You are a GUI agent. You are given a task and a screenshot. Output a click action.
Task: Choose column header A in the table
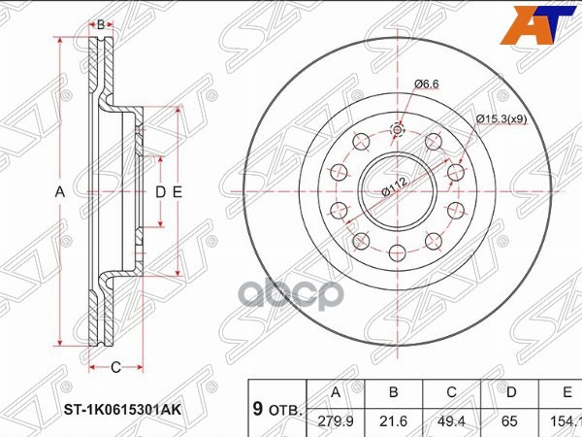pos(335,393)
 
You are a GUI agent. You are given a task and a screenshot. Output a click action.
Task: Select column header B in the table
pos(394,393)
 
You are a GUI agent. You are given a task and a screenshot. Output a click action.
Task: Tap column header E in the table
pos(565,393)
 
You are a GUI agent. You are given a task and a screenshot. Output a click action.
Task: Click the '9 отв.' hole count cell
pos(276,409)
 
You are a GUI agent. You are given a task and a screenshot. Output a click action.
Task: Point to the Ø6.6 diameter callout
pos(429,84)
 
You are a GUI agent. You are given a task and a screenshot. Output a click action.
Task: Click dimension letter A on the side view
pos(59,192)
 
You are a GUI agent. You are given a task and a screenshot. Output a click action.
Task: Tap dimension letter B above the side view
pos(99,22)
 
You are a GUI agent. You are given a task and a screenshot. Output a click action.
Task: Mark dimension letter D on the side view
pos(161,192)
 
